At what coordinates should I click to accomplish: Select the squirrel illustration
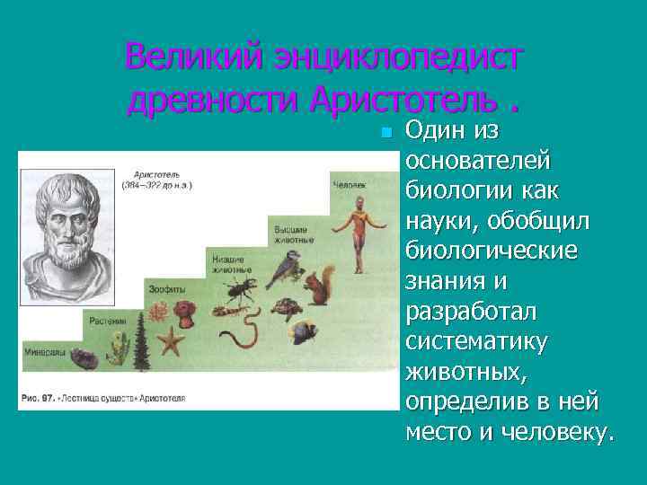[x=320, y=286]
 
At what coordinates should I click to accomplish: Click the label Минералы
[x=42, y=351]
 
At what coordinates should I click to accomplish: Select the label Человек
[x=349, y=184]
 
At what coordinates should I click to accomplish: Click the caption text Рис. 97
[x=40, y=397]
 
